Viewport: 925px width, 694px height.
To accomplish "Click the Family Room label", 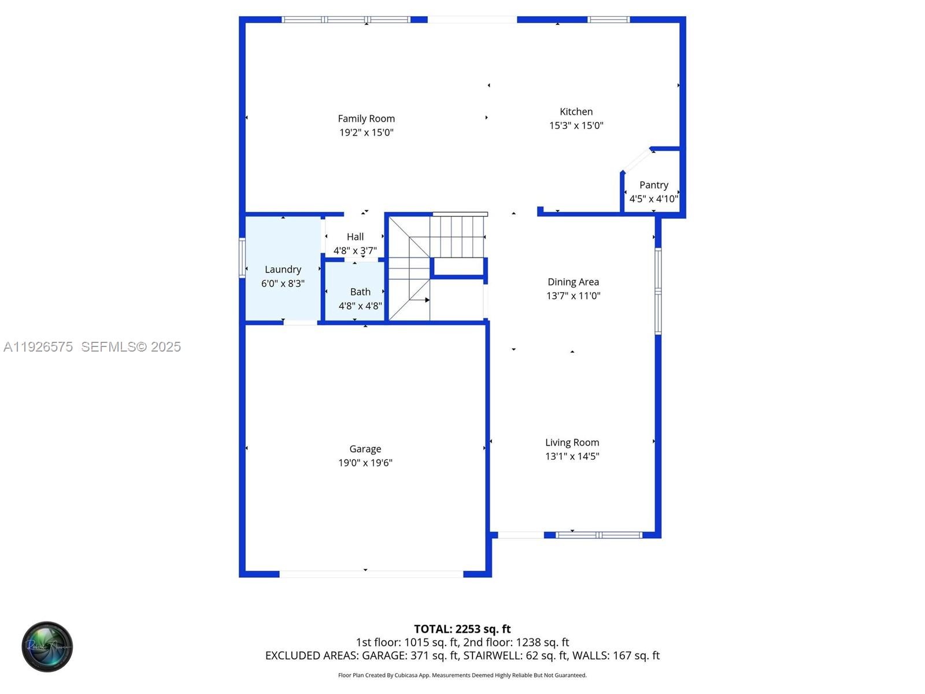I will [x=366, y=119].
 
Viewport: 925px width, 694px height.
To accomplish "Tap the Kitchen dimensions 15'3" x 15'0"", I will [x=576, y=125].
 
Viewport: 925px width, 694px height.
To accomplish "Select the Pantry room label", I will [x=653, y=185].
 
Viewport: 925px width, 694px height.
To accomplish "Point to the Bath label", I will [x=360, y=292].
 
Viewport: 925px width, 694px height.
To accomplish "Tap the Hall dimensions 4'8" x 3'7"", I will [x=355, y=250].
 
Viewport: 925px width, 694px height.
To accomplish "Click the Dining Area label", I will [x=573, y=282].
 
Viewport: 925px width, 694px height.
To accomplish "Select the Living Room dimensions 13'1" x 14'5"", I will [x=572, y=456].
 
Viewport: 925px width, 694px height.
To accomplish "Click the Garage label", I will [x=365, y=449].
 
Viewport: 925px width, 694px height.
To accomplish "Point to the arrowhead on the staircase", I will [x=427, y=300].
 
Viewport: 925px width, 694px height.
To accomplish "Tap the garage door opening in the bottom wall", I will [x=371, y=574].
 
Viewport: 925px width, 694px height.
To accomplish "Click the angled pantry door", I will [x=637, y=160].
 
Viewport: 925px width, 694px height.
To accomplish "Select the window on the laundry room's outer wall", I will [x=242, y=258].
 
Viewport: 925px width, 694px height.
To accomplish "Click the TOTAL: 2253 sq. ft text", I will [x=462, y=629].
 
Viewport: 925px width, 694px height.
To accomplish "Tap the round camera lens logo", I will [x=47, y=647].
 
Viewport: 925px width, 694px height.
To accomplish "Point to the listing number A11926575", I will [x=38, y=346].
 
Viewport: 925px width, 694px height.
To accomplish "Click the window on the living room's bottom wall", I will [x=598, y=535].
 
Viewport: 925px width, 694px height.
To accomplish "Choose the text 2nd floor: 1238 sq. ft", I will [x=516, y=642].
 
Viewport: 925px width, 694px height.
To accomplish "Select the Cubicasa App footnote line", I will [x=462, y=675].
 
